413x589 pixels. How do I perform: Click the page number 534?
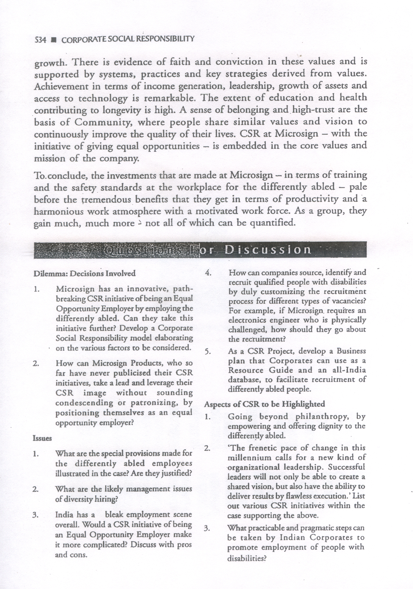40,40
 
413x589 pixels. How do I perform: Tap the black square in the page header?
53,40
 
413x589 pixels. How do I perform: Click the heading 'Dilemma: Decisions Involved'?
84,273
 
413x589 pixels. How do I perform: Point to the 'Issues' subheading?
42,438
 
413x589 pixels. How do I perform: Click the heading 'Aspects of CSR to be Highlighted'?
265,404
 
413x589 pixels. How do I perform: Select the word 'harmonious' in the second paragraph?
58,211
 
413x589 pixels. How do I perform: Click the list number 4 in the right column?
207,273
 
